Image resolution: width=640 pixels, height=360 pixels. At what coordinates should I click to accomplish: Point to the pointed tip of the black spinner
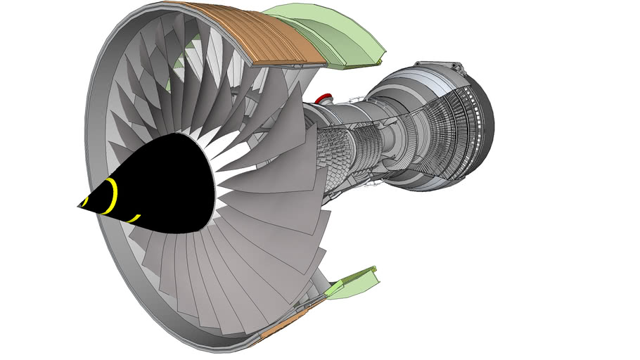pyautogui.click(x=79, y=205)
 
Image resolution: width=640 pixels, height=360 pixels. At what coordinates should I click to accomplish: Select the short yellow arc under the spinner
pyautogui.click(x=134, y=219)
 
